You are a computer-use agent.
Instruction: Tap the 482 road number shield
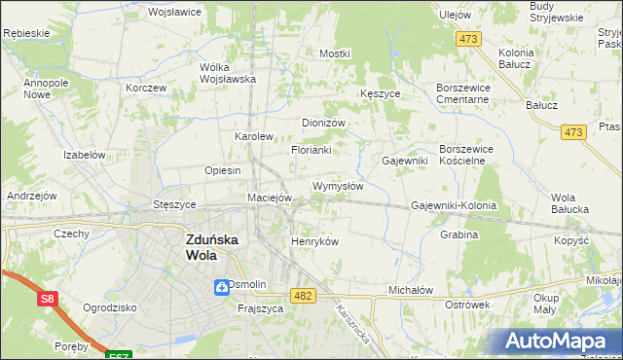(303, 296)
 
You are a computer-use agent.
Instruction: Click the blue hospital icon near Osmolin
(221, 285)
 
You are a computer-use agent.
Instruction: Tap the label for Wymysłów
(338, 186)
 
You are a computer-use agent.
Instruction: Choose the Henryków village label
(314, 241)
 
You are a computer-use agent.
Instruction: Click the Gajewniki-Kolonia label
(454, 206)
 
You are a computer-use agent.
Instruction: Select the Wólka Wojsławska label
(227, 73)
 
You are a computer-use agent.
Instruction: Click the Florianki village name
(311, 151)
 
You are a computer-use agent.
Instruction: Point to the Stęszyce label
(175, 205)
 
